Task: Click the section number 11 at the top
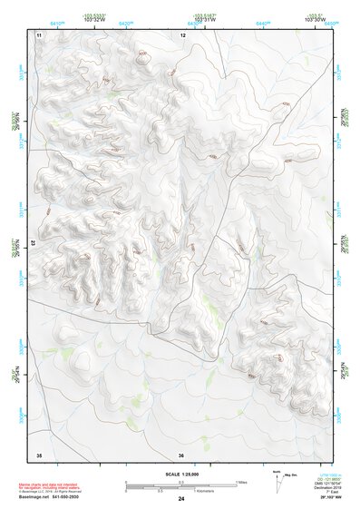39,34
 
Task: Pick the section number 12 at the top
182,34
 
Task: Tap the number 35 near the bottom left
39,454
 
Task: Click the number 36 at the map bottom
181,455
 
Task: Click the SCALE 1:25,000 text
180,474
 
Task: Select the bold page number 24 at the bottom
180,500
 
